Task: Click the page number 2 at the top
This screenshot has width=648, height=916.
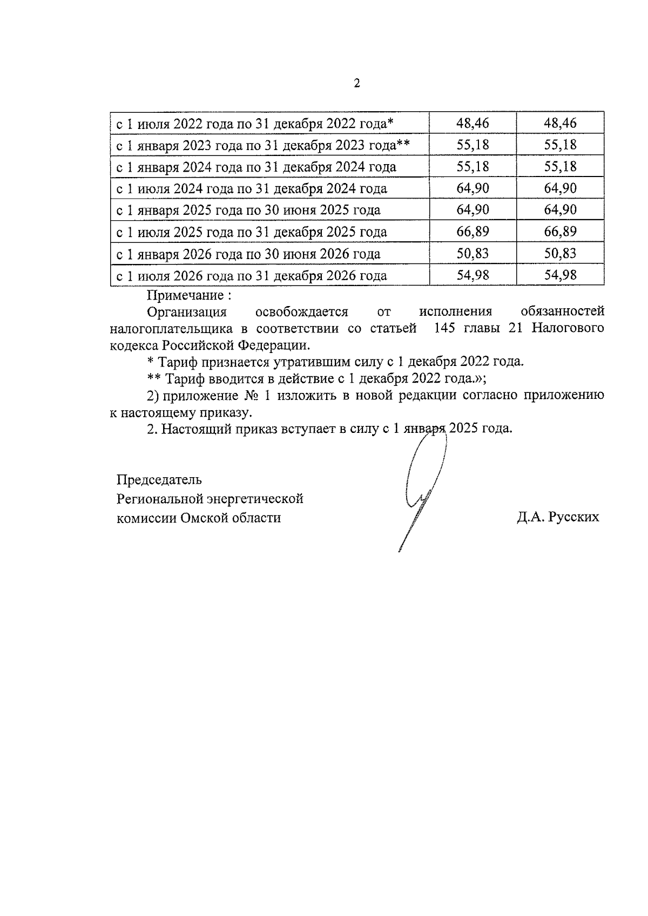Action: pyautogui.click(x=356, y=84)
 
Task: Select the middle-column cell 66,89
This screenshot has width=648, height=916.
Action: pyautogui.click(x=473, y=232)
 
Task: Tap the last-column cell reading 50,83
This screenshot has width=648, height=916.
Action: pyautogui.click(x=560, y=254)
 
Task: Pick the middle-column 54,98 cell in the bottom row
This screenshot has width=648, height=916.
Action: pyautogui.click(x=473, y=275)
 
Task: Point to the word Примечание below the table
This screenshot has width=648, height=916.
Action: pyautogui.click(x=185, y=295)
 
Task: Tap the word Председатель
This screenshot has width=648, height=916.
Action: pyautogui.click(x=159, y=479)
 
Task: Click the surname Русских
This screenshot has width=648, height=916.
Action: pyautogui.click(x=573, y=517)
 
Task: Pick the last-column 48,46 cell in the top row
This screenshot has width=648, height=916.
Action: pyautogui.click(x=560, y=123)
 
